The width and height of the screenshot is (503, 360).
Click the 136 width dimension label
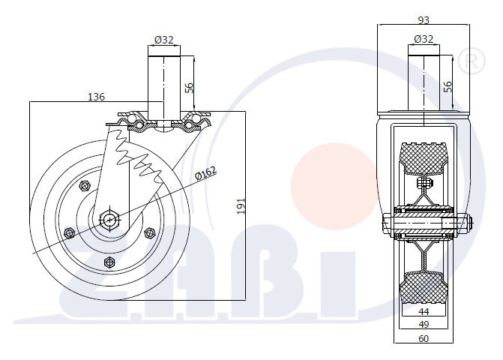click(96, 97)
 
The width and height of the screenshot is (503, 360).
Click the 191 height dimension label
click(241, 206)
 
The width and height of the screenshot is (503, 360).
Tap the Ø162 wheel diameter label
click(206, 173)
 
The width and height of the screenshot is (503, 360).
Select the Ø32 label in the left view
click(164, 40)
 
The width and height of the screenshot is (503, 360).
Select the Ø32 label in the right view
click(424, 39)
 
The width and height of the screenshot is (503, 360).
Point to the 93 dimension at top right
click(424, 20)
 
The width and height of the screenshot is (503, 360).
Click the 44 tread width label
click(424, 311)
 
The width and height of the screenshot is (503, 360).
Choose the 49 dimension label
click(424, 325)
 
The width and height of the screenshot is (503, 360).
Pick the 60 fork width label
click(424, 338)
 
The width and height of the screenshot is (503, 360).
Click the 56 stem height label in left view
click(190, 88)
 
